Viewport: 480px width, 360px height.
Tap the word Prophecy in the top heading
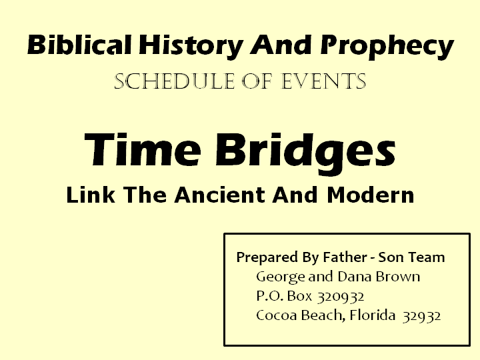pyautogui.click(x=387, y=47)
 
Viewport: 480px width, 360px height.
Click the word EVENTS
pyautogui.click(x=327, y=82)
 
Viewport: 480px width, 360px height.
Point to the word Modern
pyautogui.click(x=371, y=195)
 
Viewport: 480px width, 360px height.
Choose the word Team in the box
pyautogui.click(x=430, y=257)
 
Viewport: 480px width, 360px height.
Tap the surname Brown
pyautogui.click(x=399, y=277)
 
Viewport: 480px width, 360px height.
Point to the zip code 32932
pyautogui.click(x=421, y=316)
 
